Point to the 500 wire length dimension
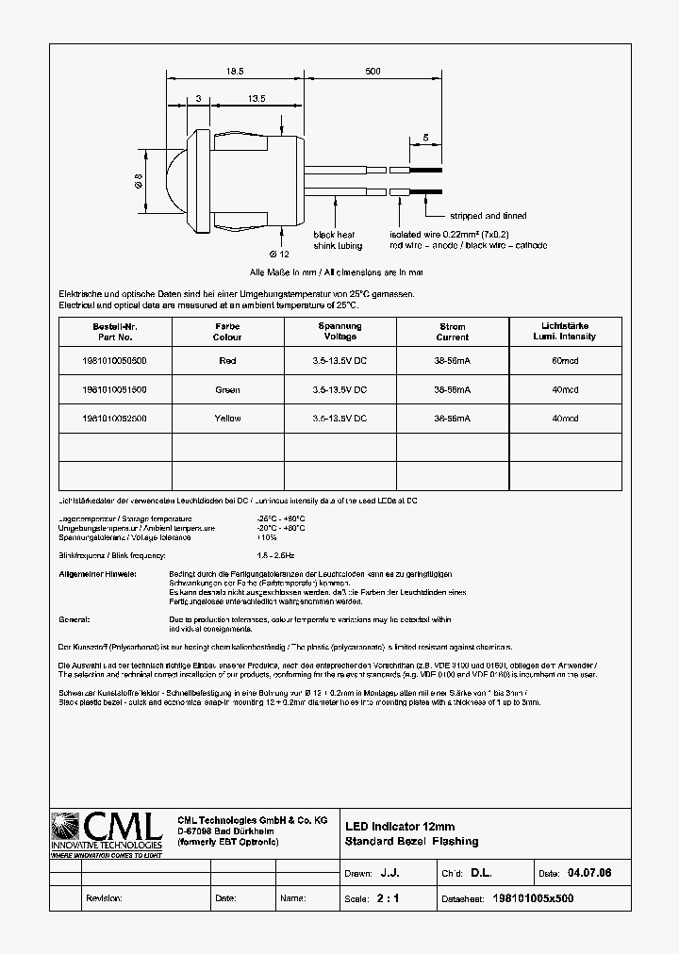pyautogui.click(x=373, y=72)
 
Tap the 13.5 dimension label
pyautogui.click(x=255, y=98)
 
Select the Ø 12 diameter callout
pyautogui.click(x=278, y=255)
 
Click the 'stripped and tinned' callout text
pyautogui.click(x=488, y=216)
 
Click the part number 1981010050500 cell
pyautogui.click(x=115, y=360)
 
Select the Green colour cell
pyautogui.click(x=227, y=389)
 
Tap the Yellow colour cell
pyautogui.click(x=227, y=418)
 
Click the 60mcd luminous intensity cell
pyautogui.click(x=565, y=360)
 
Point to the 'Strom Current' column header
pyautogui.click(x=453, y=332)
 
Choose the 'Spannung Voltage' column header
pyautogui.click(x=340, y=332)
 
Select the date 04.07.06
pyautogui.click(x=589, y=874)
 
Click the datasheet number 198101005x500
pyautogui.click(x=533, y=898)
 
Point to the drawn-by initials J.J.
pyautogui.click(x=389, y=874)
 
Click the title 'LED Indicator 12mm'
pyautogui.click(x=400, y=827)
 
